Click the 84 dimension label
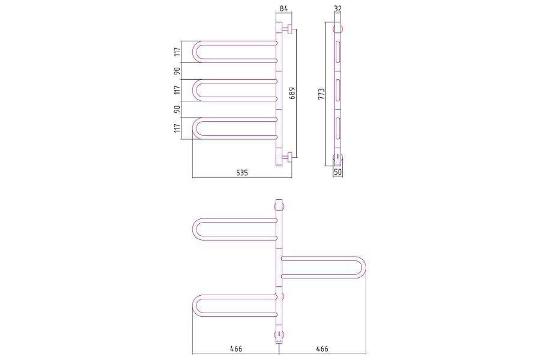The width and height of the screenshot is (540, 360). pyautogui.click(x=284, y=9)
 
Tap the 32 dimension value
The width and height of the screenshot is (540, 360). pyautogui.click(x=338, y=9)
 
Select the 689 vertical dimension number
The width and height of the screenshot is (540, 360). pyautogui.click(x=292, y=93)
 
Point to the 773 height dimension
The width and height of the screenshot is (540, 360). pyautogui.click(x=322, y=94)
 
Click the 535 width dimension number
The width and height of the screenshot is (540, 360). pyautogui.click(x=242, y=173)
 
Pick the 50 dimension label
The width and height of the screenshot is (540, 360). pyautogui.click(x=338, y=172)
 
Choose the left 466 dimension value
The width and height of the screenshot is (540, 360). pyautogui.click(x=236, y=349)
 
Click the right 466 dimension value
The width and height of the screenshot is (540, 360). pyautogui.click(x=322, y=349)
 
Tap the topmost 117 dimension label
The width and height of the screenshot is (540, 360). pyautogui.click(x=177, y=52)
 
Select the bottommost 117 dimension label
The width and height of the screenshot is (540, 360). pyautogui.click(x=177, y=128)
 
